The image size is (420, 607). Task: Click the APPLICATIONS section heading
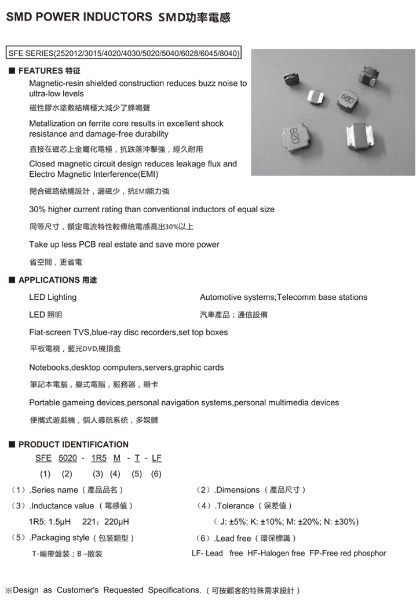[49, 280]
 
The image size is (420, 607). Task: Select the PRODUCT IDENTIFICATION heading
[74, 445]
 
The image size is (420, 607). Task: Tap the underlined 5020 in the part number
[68, 458]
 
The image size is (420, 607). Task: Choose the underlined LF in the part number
[156, 458]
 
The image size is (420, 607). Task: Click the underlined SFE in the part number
[43, 458]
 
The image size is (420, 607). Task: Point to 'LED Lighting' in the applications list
[53, 297]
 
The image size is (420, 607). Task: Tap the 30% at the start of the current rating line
[37, 209]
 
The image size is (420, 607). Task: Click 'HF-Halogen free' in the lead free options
[276, 553]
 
